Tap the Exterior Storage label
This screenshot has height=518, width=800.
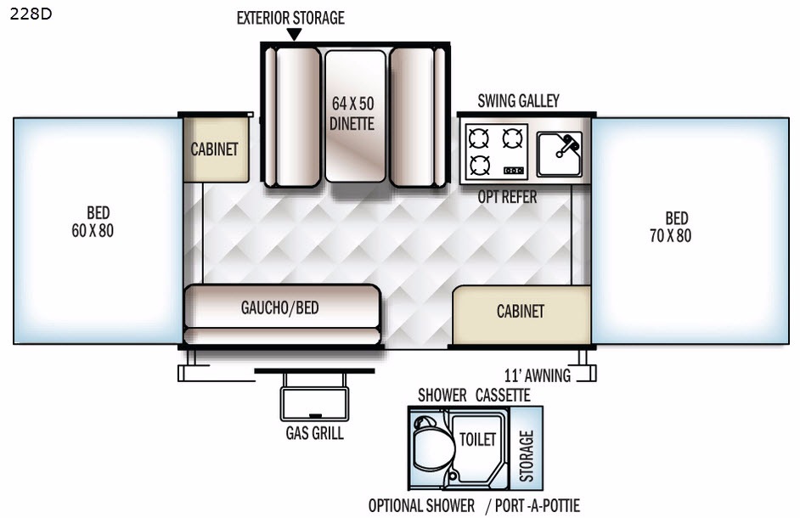(x=290, y=18)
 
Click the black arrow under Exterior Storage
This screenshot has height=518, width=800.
(x=294, y=34)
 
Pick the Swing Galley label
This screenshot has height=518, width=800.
(x=518, y=101)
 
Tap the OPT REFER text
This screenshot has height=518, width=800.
(x=507, y=198)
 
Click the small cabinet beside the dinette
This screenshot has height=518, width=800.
(x=215, y=149)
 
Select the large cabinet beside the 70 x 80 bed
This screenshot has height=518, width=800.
(x=521, y=312)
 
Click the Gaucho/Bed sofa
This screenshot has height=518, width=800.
(x=280, y=307)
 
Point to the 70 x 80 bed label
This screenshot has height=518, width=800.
(x=677, y=228)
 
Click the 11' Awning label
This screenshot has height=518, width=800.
(x=537, y=375)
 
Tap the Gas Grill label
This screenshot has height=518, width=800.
(x=314, y=433)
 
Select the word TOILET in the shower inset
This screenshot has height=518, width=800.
(x=476, y=439)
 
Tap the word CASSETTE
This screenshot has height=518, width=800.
(x=503, y=396)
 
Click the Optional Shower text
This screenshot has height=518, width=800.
(x=421, y=505)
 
